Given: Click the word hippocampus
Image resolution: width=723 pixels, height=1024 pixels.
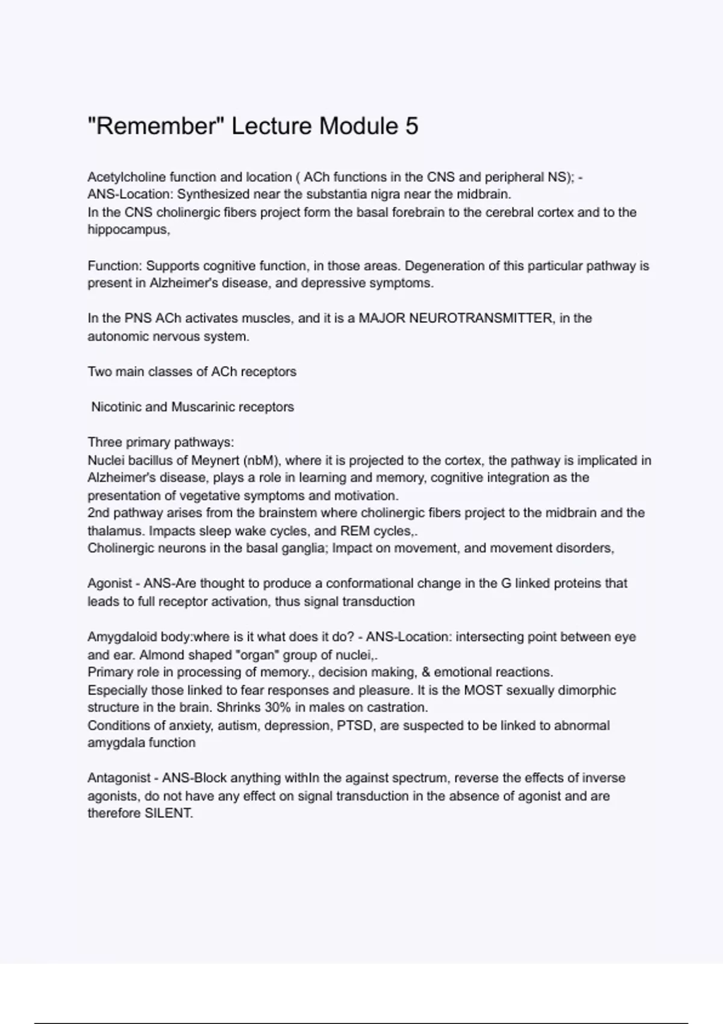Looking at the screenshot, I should [127, 230].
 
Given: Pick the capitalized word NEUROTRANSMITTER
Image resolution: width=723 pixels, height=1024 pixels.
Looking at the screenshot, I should [455, 318].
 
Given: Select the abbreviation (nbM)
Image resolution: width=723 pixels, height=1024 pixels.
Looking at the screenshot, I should [261, 461].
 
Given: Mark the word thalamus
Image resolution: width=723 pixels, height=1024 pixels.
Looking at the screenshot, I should [116, 531].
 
